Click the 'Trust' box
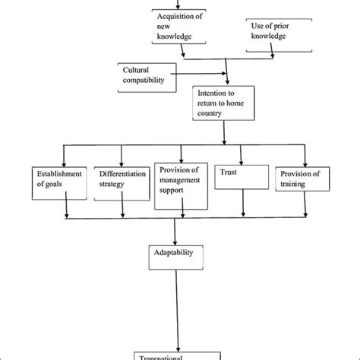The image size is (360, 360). click(x=242, y=176)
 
